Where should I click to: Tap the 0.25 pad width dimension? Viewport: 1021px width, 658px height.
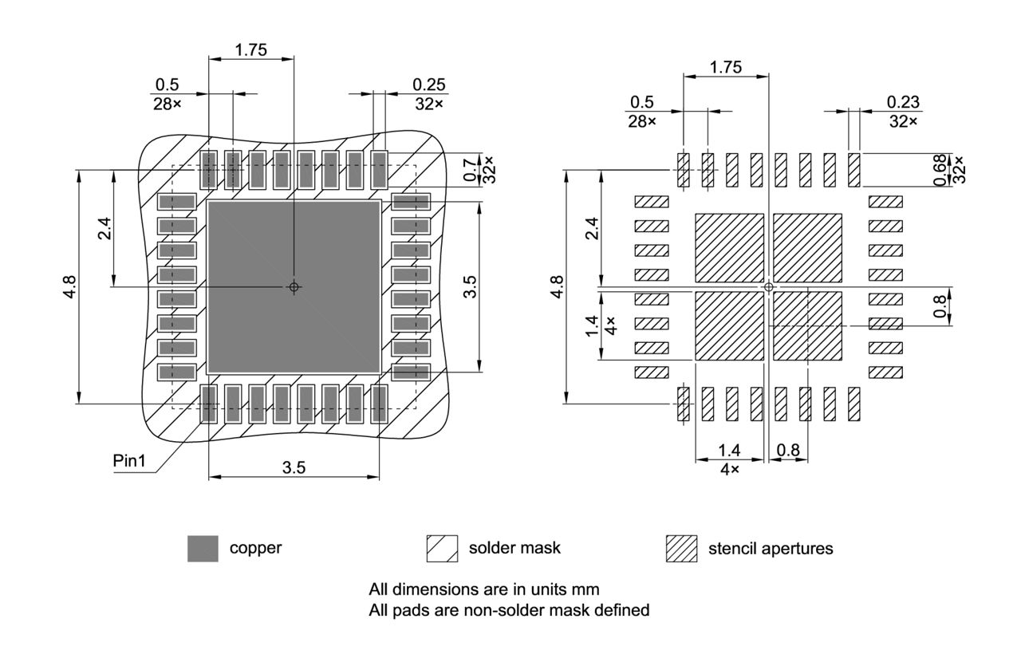coord(429,85)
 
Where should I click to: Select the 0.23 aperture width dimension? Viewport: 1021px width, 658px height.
coord(903,102)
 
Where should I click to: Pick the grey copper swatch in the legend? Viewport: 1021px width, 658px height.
coord(203,549)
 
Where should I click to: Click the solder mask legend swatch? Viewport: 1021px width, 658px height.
coord(442,549)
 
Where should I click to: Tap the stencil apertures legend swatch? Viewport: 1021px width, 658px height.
coord(681,549)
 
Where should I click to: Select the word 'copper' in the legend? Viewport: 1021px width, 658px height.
coord(255,549)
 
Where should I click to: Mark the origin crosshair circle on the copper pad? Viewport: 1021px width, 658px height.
coord(294,286)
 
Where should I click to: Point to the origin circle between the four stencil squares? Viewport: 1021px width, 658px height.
coord(769,286)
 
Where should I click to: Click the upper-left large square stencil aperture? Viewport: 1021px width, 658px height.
coord(730,247)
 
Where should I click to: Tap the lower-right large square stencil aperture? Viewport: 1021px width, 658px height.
coord(807,325)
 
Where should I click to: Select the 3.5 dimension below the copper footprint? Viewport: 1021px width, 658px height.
coord(294,467)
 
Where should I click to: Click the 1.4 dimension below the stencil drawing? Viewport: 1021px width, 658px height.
coord(729,451)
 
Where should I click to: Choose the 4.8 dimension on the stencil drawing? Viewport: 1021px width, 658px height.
coord(557,286)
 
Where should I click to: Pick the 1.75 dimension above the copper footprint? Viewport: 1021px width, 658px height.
coord(251,49)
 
